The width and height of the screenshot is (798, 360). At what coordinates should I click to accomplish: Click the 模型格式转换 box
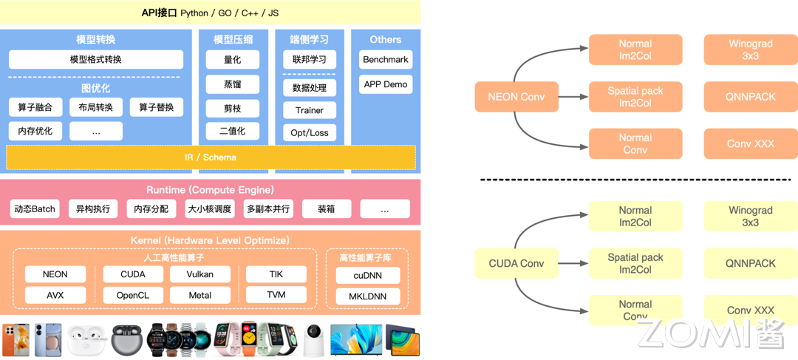(96, 60)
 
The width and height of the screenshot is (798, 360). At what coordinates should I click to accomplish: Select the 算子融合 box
(35, 108)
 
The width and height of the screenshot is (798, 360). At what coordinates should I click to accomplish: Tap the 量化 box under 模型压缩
(232, 60)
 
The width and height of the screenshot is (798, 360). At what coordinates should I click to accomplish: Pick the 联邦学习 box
(309, 60)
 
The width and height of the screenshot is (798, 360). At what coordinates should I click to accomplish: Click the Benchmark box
(385, 60)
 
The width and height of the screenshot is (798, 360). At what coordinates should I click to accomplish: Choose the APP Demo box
(385, 84)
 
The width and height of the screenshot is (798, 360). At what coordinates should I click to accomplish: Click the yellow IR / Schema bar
(211, 157)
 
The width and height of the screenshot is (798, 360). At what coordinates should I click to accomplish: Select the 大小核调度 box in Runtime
(210, 209)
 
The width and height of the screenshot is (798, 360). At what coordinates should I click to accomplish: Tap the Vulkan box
(199, 274)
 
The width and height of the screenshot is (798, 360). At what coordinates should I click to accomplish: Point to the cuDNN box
(368, 276)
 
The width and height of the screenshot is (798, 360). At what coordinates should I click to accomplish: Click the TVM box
(276, 295)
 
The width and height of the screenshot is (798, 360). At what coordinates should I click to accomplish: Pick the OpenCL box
(132, 295)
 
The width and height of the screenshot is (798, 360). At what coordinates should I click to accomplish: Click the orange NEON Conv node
(516, 97)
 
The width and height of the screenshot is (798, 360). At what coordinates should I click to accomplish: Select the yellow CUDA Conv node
(516, 263)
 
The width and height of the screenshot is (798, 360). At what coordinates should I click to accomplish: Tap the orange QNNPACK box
(750, 97)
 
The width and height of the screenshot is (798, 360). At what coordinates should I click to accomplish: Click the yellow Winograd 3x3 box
(750, 216)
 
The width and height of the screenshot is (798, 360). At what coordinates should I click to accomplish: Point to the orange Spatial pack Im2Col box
(635, 97)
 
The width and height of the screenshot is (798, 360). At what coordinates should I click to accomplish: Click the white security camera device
(311, 339)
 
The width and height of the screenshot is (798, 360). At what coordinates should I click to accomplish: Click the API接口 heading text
(160, 13)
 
